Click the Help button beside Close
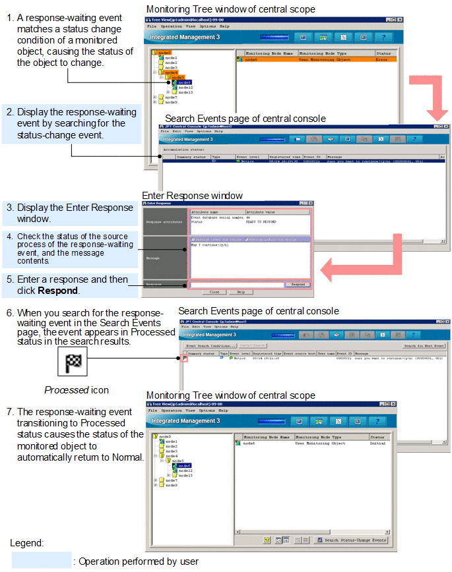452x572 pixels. click(241, 292)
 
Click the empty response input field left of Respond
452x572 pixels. click(236, 285)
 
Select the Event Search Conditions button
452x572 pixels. click(210, 345)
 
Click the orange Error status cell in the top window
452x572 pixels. click(385, 59)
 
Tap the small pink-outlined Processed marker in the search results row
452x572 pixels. click(183, 358)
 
